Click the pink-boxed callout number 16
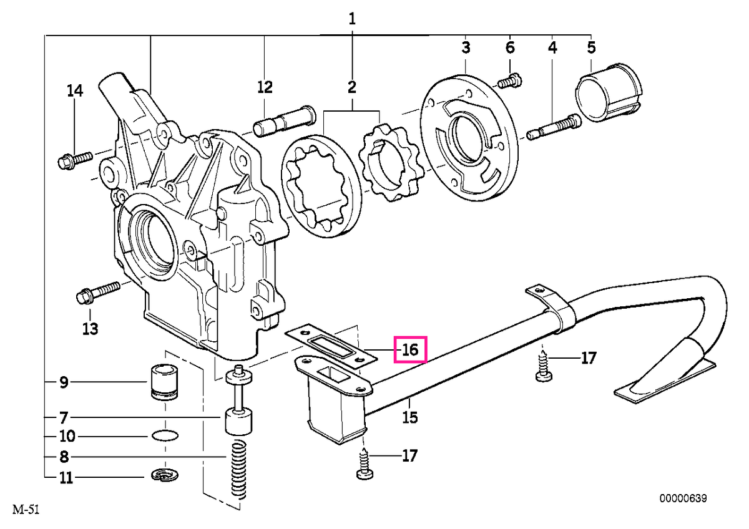pos(410,350)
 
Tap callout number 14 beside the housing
pos(75,90)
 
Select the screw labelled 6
pos(509,81)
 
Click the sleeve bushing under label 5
pos(609,93)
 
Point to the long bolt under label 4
pos(554,127)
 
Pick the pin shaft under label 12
pos(284,120)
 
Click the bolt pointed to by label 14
pos(75,160)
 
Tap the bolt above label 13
pos(98,293)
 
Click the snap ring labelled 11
pos(165,475)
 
